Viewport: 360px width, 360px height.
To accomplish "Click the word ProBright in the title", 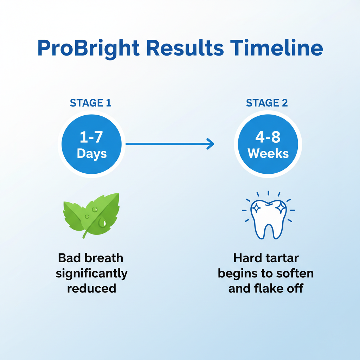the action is click(x=89, y=49).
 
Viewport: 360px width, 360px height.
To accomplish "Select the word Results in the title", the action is click(x=185, y=48).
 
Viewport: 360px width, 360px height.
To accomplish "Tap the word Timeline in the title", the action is click(x=277, y=48).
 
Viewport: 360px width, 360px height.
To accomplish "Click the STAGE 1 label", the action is click(x=91, y=103).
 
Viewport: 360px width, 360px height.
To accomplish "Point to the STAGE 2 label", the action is click(x=267, y=103).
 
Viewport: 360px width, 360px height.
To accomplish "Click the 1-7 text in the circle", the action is click(x=91, y=137).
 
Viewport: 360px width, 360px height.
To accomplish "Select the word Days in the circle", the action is click(x=92, y=154).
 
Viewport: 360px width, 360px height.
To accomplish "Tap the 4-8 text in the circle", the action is click(x=268, y=137).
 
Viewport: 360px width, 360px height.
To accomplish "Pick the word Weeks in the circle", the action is click(x=268, y=153).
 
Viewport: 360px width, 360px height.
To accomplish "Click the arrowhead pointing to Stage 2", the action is click(x=211, y=144).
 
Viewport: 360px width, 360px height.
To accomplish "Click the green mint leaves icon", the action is click(x=91, y=216).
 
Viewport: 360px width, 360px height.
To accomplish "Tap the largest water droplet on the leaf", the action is click(x=102, y=222).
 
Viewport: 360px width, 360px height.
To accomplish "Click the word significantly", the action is click(x=92, y=274).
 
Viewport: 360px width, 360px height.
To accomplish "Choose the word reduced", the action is click(x=92, y=288).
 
